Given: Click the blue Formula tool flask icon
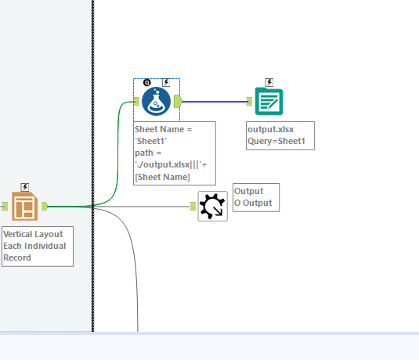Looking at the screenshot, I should (x=157, y=101).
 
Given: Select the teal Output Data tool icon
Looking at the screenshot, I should (x=269, y=101).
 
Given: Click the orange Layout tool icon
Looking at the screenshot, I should (x=24, y=206).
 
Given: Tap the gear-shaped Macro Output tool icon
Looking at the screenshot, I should (x=212, y=207).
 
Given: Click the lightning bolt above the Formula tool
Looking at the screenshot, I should (x=166, y=82).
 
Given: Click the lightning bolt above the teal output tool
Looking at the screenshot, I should (x=269, y=82).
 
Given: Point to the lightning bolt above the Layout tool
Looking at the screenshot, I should (x=24, y=187).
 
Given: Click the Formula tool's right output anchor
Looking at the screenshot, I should (x=178, y=100).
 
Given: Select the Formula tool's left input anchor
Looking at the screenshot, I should (x=136, y=100).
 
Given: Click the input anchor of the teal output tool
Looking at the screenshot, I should (x=249, y=101).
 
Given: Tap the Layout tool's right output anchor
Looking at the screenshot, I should (x=45, y=206).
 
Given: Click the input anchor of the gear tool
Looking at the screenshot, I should (x=193, y=207).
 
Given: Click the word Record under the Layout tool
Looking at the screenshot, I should (x=17, y=257).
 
